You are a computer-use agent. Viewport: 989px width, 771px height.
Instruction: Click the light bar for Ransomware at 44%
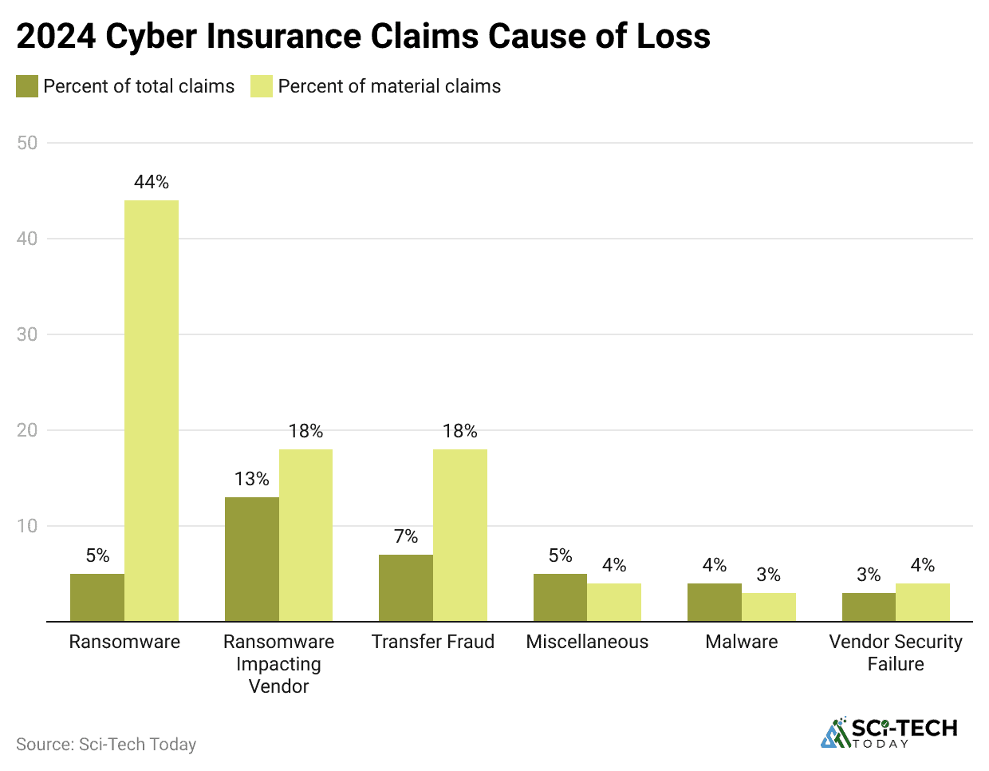[152, 410]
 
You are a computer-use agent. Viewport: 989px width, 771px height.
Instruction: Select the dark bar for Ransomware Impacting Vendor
[252, 559]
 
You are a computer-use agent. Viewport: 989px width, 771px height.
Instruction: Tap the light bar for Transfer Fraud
[460, 535]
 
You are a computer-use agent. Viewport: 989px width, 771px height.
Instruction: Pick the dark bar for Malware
[715, 602]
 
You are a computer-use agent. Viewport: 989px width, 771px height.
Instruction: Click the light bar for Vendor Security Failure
[923, 602]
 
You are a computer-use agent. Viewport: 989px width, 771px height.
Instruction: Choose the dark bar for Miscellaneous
[560, 597]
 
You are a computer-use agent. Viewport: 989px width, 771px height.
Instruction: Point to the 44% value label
[152, 183]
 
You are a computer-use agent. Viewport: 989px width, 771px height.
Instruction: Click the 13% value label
[252, 479]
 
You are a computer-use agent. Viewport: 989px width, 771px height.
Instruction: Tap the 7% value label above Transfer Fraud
[406, 536]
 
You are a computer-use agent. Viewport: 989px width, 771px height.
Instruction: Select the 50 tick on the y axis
[27, 143]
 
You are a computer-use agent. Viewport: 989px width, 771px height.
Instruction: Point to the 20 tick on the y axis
[27, 430]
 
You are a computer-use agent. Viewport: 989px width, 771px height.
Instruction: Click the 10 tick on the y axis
[27, 526]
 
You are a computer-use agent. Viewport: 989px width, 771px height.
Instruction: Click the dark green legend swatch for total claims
[27, 86]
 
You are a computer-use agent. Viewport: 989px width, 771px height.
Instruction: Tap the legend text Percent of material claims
[389, 86]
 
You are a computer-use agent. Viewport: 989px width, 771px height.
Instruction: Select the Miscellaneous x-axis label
[587, 642]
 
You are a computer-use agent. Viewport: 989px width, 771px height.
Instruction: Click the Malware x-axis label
[742, 642]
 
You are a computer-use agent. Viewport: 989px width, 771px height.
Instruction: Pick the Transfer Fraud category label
[433, 642]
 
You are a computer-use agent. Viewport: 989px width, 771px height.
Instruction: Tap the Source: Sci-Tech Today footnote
[106, 745]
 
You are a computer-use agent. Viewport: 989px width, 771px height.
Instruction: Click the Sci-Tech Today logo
[889, 733]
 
